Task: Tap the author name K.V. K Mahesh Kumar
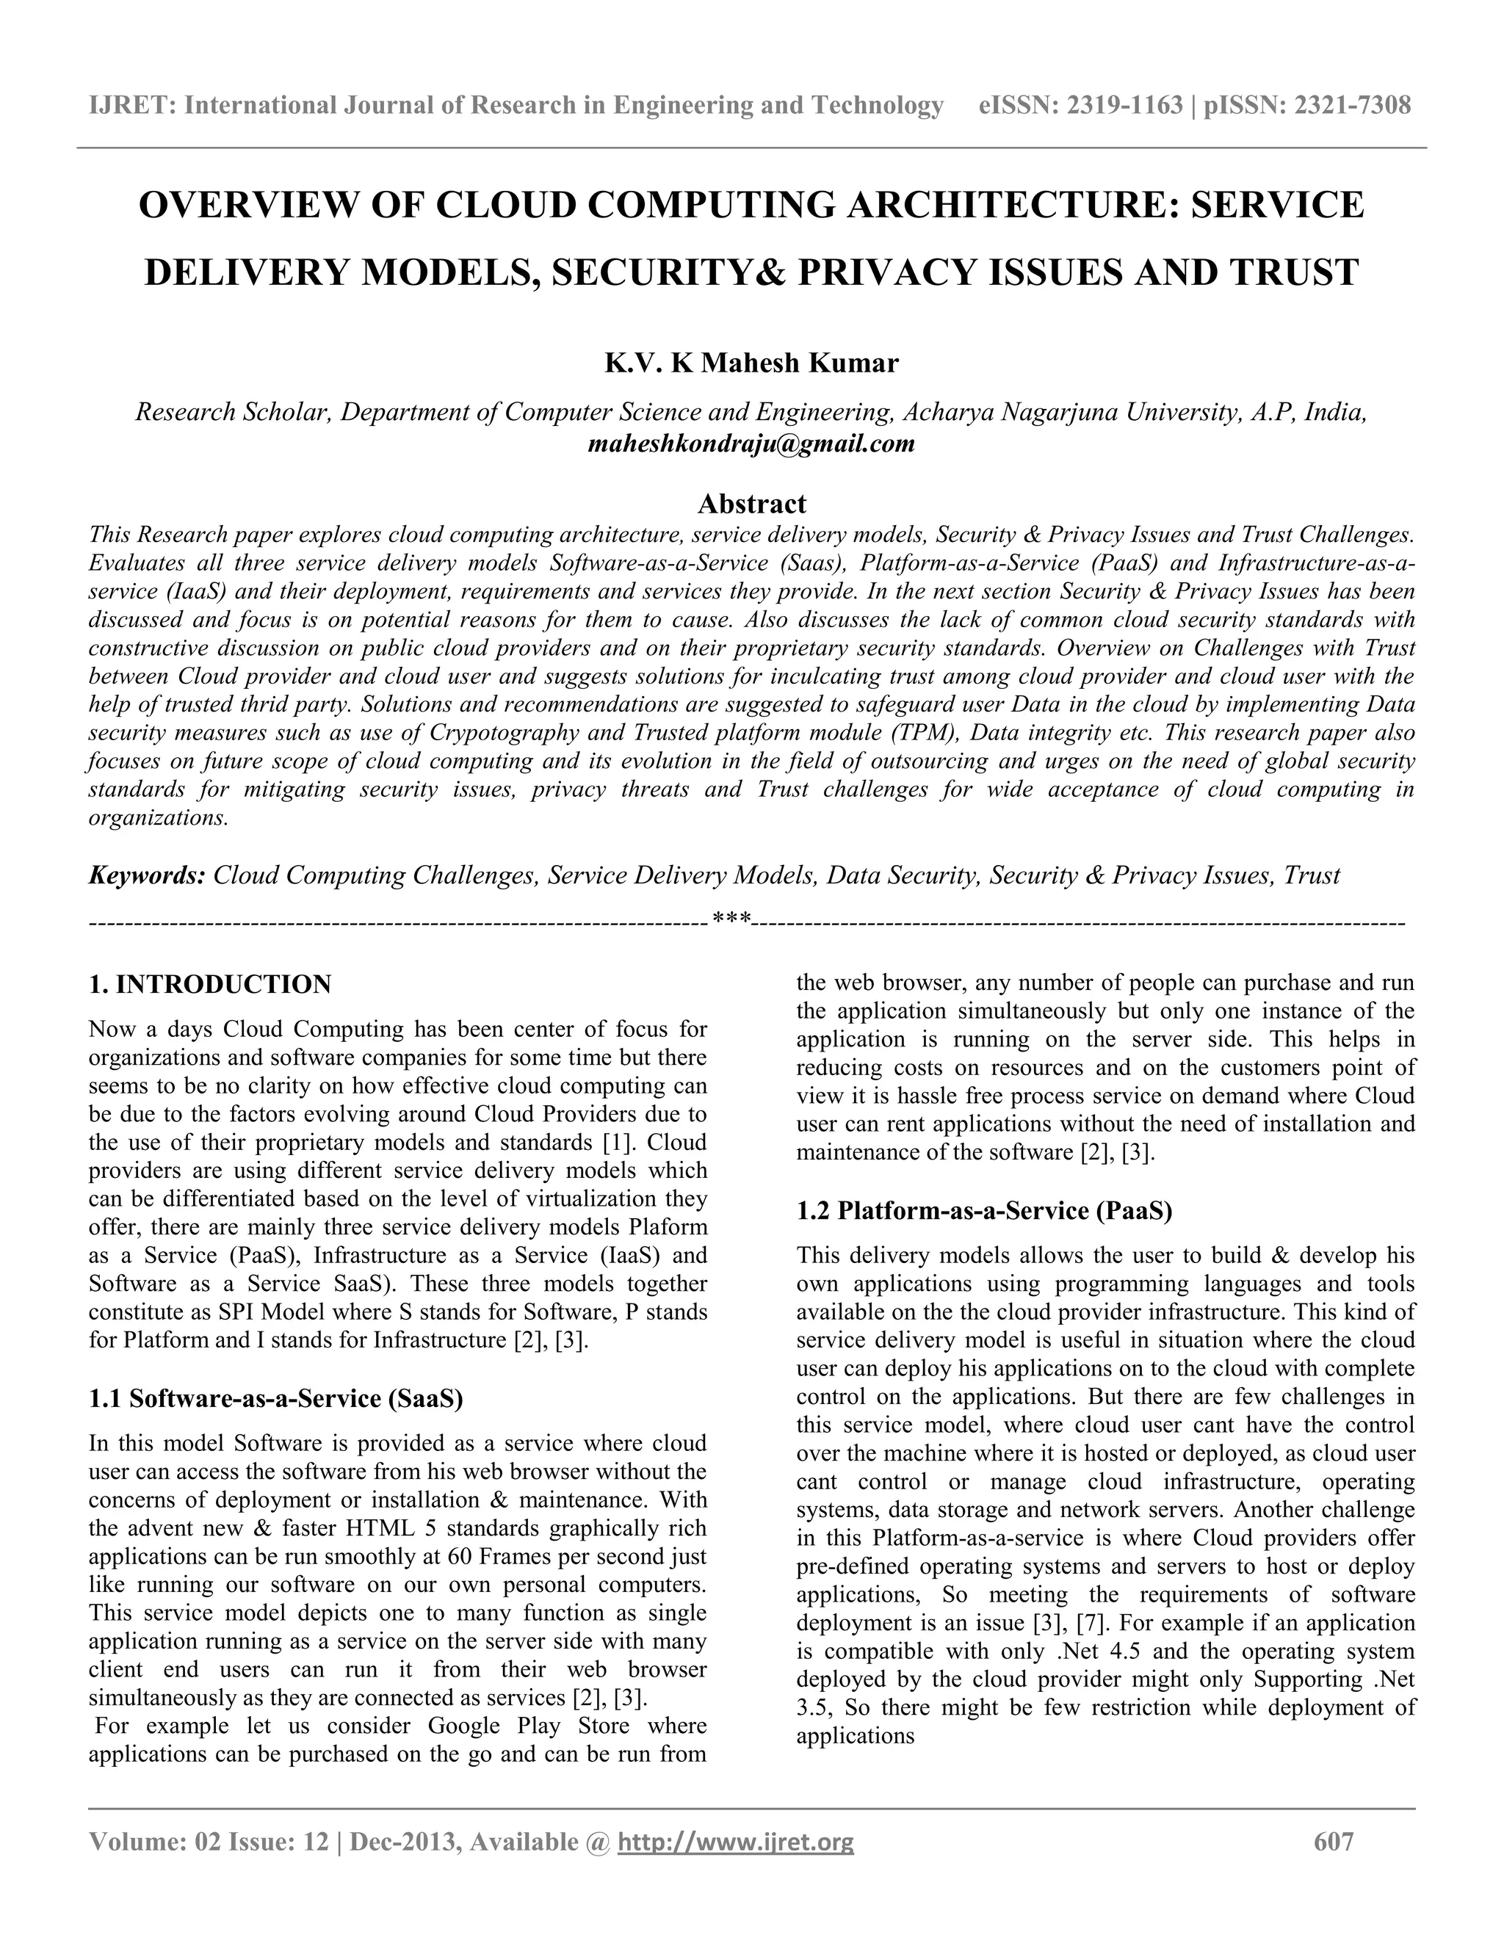pos(752,363)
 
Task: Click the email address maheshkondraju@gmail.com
pos(752,443)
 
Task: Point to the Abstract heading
pos(752,504)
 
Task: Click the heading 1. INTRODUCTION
pos(210,985)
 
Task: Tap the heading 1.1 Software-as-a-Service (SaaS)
pos(276,1398)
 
